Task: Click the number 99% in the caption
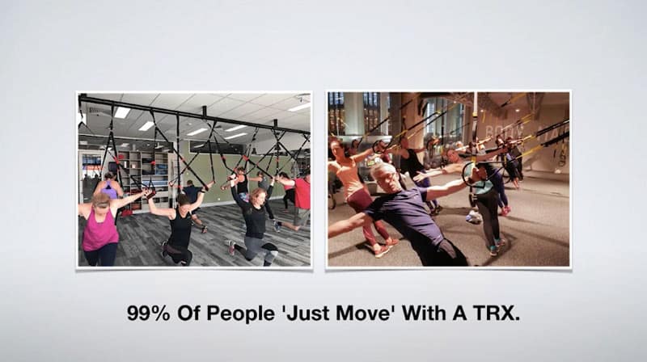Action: tap(148, 314)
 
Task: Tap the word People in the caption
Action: tap(240, 314)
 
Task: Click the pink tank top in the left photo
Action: tap(99, 229)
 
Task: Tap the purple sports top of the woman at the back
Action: tap(109, 191)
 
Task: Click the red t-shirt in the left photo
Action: tap(302, 194)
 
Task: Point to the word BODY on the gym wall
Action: tap(499, 132)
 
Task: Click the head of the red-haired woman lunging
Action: tap(257, 196)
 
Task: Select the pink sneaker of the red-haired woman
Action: tap(230, 247)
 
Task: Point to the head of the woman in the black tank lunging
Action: tap(183, 200)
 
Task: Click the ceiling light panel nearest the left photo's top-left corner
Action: tap(122, 112)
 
